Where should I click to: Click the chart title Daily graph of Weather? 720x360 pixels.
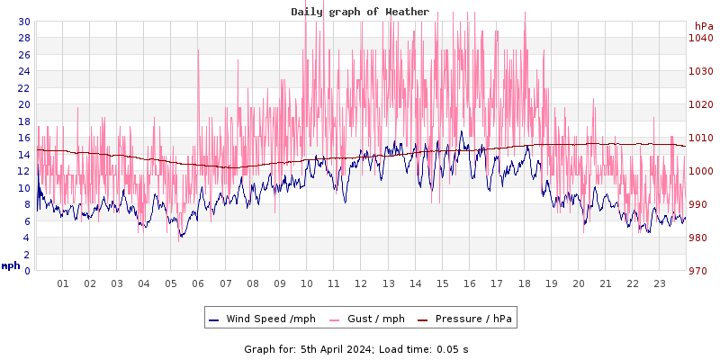pyautogui.click(x=360, y=12)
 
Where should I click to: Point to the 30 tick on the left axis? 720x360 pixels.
pyautogui.click(x=24, y=22)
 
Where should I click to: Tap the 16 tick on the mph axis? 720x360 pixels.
pyautogui.click(x=24, y=138)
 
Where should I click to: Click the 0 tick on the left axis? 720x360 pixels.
pyautogui.click(x=27, y=271)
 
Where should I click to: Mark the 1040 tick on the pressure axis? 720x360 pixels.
pyautogui.click(x=699, y=38)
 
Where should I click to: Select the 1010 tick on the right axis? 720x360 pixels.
pyautogui.click(x=699, y=138)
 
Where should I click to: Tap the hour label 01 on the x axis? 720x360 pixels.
pyautogui.click(x=63, y=283)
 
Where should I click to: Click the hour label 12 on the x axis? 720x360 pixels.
pyautogui.click(x=361, y=283)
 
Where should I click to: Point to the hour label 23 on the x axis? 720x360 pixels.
pyautogui.click(x=659, y=283)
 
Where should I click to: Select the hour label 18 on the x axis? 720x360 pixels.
pyautogui.click(x=524, y=283)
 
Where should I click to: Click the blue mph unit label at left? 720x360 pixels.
pyautogui.click(x=11, y=265)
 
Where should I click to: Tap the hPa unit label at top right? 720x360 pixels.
pyautogui.click(x=703, y=26)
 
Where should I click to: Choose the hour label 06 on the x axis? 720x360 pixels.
pyautogui.click(x=198, y=283)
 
